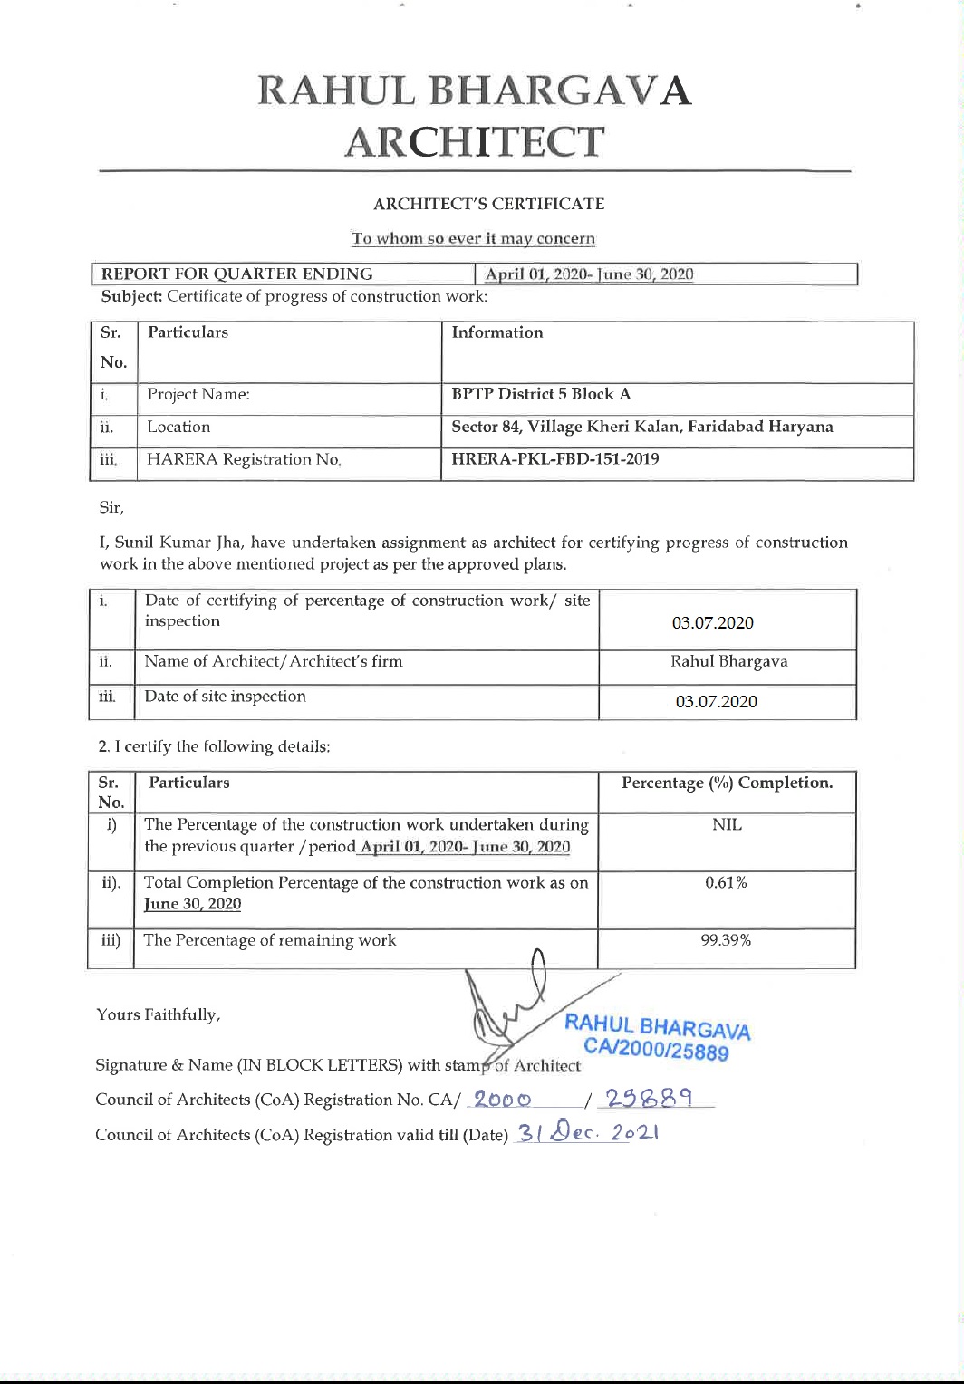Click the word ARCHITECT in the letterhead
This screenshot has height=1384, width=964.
point(474,142)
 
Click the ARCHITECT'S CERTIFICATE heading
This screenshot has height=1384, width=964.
point(488,204)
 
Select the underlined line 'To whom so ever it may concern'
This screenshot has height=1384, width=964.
point(473,239)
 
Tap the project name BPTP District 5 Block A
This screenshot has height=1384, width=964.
point(541,394)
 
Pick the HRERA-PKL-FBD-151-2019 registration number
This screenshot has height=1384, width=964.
point(555,459)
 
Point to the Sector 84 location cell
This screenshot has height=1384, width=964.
point(641,427)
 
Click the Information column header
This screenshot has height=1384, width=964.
point(497,332)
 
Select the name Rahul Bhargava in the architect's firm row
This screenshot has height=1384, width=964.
point(728,661)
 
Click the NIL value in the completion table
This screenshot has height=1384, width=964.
point(727,825)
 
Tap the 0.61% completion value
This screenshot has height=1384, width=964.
point(726,882)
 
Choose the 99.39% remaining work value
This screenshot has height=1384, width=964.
point(726,940)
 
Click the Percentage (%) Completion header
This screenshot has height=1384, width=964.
point(727,783)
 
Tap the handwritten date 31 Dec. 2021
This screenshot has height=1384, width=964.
point(587,1133)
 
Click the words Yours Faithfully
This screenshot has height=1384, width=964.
point(159,1014)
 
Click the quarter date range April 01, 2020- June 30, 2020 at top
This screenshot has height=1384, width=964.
point(589,274)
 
